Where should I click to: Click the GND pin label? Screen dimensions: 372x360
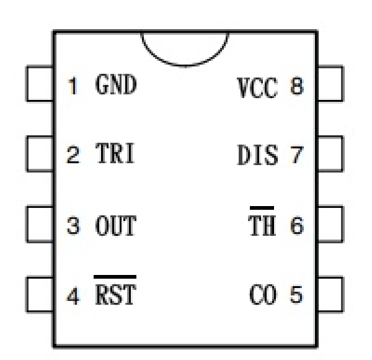coord(116,84)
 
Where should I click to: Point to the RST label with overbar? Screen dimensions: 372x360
coord(115,292)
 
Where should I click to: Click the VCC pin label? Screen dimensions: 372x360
coord(257,88)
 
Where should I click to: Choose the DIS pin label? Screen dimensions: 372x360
coord(257,156)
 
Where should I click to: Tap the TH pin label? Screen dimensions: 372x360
coord(262,225)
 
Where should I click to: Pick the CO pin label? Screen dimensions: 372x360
coord(263,294)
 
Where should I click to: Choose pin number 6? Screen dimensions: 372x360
coord(296,225)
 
